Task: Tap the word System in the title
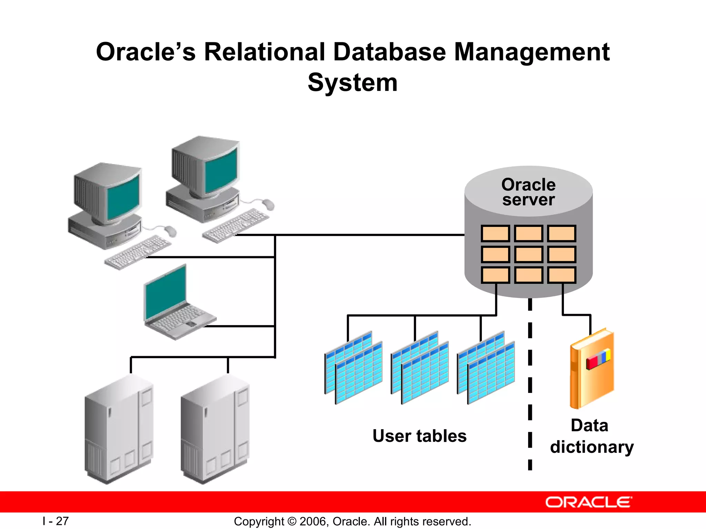[x=352, y=83]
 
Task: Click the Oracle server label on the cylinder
[x=528, y=192]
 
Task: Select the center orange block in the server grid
[x=528, y=255]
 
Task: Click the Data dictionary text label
[x=591, y=436]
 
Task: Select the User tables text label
[x=419, y=436]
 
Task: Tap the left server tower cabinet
[x=119, y=429]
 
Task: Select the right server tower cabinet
[x=214, y=429]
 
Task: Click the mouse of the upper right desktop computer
[x=268, y=205]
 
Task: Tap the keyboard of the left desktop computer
[x=138, y=252]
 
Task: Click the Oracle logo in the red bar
[x=588, y=502]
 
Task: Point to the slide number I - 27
[x=56, y=521]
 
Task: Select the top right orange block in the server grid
[x=562, y=234]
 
